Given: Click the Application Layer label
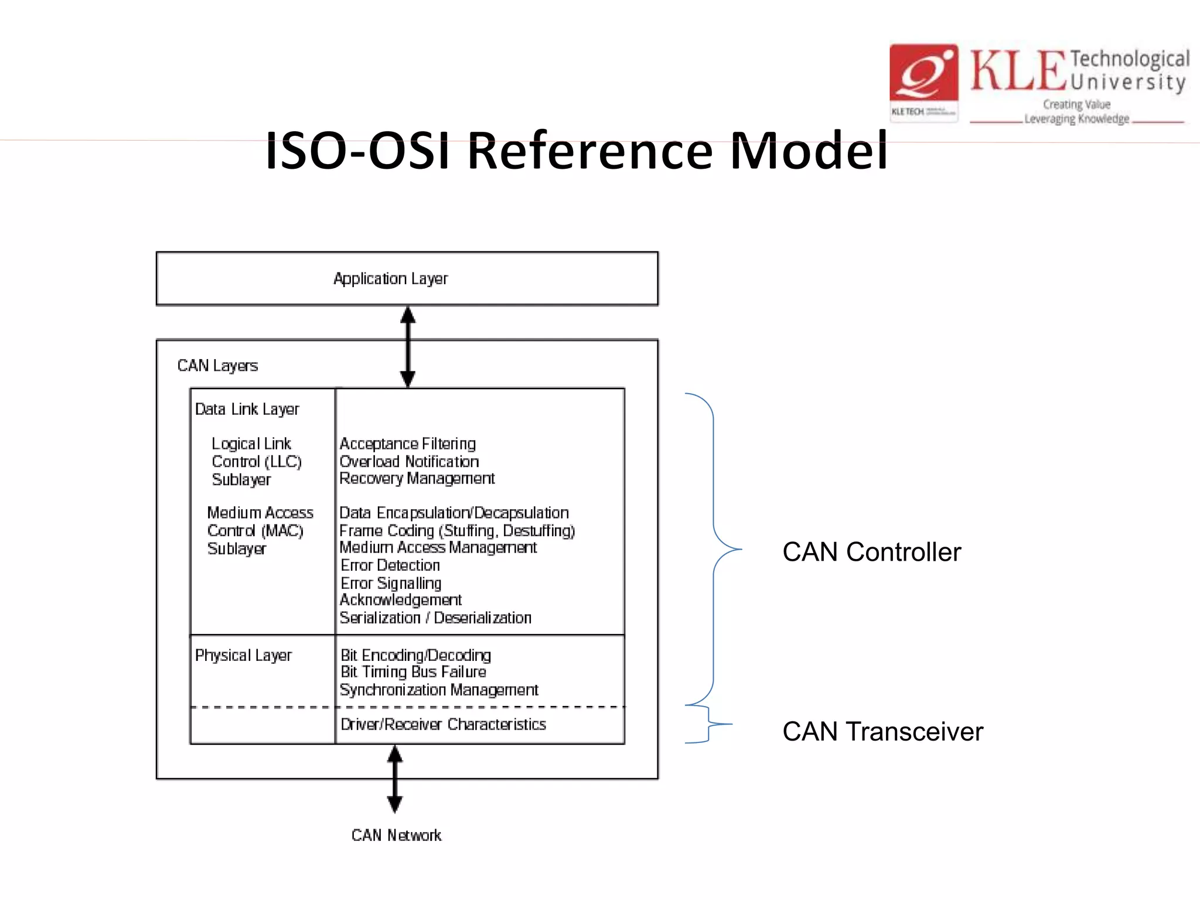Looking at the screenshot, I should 390,278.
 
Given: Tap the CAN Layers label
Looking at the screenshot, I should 217,366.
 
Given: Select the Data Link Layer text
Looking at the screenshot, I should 247,409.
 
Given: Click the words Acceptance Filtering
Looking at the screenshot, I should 408,444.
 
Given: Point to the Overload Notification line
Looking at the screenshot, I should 409,461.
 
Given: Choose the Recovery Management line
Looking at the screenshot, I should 417,479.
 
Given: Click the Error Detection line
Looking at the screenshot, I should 390,565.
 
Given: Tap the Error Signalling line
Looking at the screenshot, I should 391,583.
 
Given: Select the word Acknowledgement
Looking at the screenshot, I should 401,600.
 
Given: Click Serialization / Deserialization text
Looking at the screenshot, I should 435,618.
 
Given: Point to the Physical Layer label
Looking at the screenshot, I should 243,655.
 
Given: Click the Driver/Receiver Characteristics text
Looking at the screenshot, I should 443,725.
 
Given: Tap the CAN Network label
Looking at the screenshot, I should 396,835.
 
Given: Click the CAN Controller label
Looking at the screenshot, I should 871,552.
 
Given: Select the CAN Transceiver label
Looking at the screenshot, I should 882,732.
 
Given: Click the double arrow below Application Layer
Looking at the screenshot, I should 408,347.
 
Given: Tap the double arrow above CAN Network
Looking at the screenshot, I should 395,779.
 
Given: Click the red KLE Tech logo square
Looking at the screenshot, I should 923,73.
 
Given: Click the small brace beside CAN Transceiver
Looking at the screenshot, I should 708,724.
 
